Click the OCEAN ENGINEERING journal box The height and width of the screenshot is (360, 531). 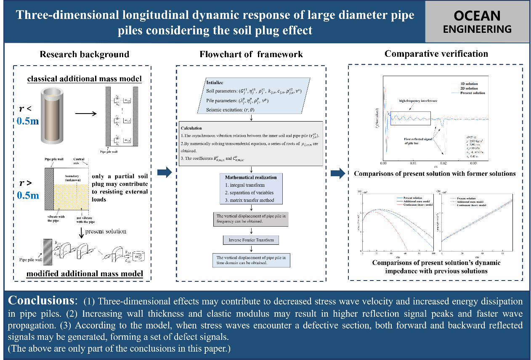tap(478, 22)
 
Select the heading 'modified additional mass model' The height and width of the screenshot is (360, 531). tap(85, 274)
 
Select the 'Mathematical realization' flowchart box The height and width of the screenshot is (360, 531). tap(251, 189)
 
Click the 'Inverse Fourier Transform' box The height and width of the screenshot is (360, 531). tap(251, 240)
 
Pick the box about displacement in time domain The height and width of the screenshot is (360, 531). tap(251, 260)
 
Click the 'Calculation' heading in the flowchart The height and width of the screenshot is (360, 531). tap(191, 128)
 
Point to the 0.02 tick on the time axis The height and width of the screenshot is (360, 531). tap(444, 162)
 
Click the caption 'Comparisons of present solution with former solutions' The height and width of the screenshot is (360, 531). tap(435, 174)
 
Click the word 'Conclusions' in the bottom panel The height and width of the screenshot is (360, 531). tap(41, 301)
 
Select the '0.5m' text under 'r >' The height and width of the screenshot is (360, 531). tap(28, 195)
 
